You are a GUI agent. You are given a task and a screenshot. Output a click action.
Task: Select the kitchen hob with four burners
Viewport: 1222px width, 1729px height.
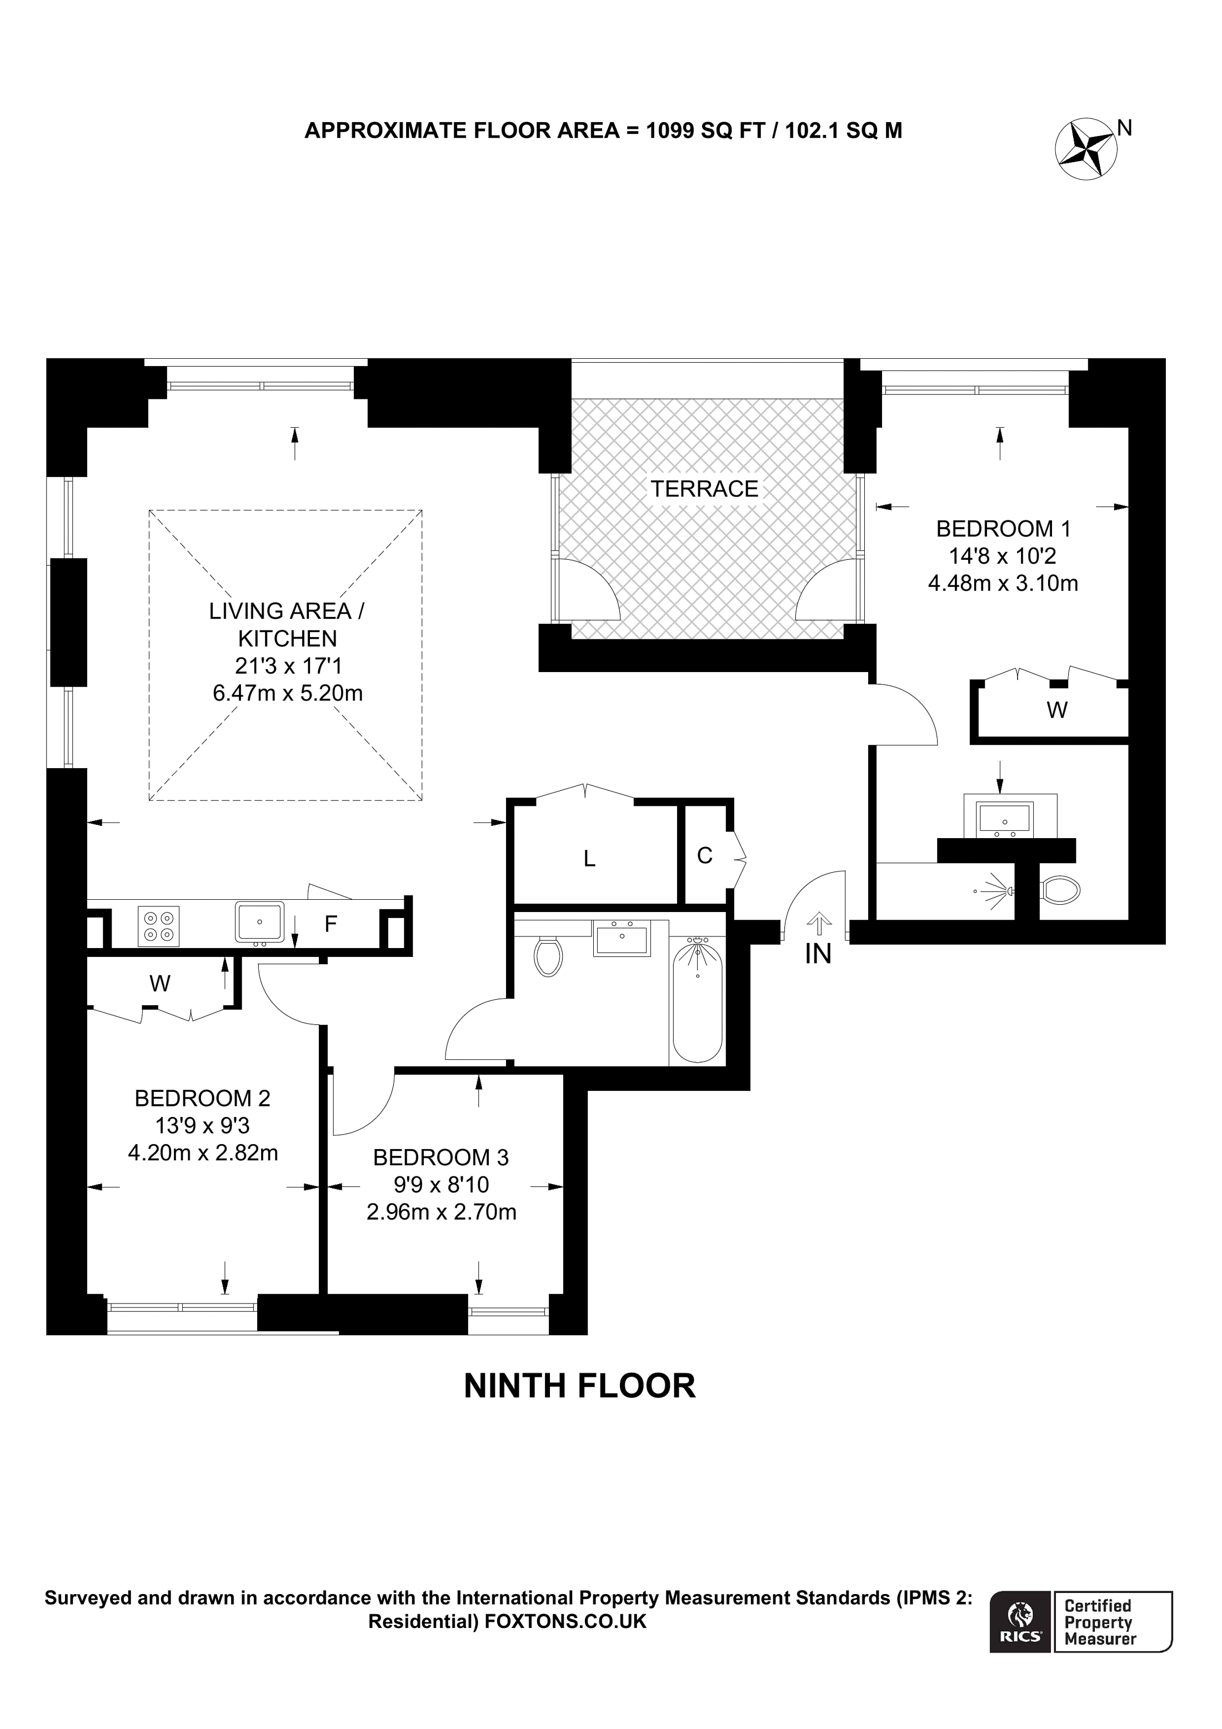click(x=158, y=925)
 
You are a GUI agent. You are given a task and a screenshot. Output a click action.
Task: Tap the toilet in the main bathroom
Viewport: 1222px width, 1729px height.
click(x=548, y=956)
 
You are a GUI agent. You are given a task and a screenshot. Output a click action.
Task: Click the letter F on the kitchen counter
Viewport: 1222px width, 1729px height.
click(x=330, y=924)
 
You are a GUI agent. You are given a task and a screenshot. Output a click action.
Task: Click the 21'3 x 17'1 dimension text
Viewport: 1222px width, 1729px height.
click(x=288, y=666)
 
